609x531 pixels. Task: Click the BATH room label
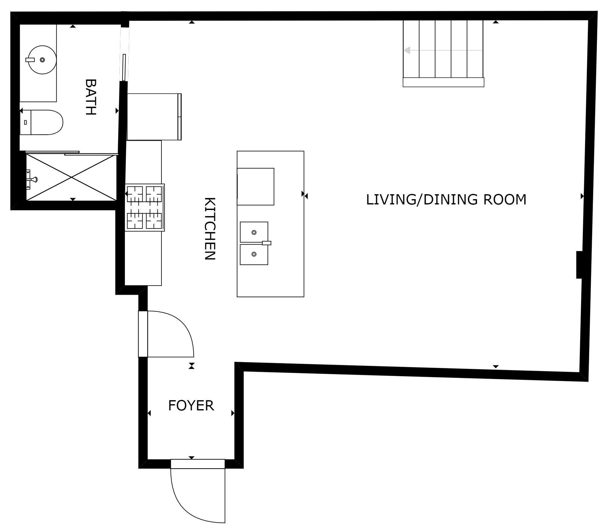click(90, 97)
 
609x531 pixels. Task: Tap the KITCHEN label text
click(210, 229)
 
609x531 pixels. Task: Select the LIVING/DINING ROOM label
click(446, 199)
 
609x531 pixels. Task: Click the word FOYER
click(191, 405)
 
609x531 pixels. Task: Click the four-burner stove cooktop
click(144, 207)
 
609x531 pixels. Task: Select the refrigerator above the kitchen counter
click(154, 117)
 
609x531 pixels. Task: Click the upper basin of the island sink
click(254, 232)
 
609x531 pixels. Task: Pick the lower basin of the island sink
click(254, 254)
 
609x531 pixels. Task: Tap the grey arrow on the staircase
click(407, 50)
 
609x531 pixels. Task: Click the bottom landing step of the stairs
click(443, 82)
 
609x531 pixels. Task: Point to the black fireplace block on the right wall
click(579, 265)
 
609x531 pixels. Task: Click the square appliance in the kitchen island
click(255, 186)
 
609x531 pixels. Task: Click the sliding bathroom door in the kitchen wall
click(124, 67)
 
